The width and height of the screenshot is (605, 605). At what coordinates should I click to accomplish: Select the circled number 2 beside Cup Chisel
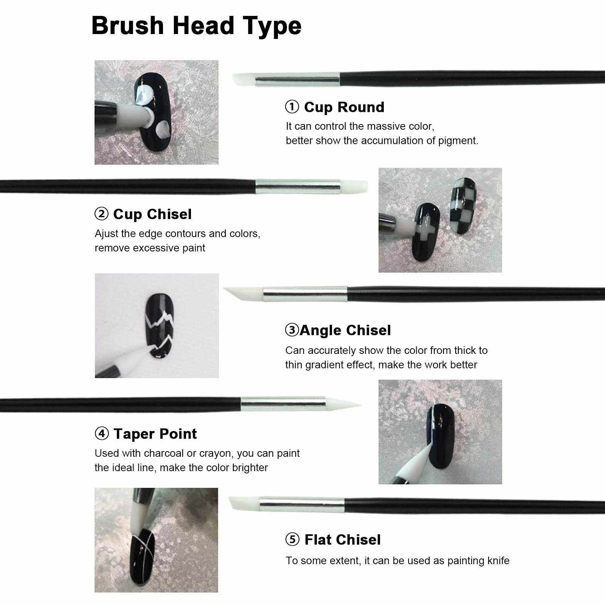tap(101, 214)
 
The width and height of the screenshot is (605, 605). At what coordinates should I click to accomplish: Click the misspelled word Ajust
tap(106, 234)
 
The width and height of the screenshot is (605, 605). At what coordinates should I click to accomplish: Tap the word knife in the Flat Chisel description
tap(496, 560)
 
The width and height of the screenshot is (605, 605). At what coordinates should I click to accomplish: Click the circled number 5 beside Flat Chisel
tap(292, 540)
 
